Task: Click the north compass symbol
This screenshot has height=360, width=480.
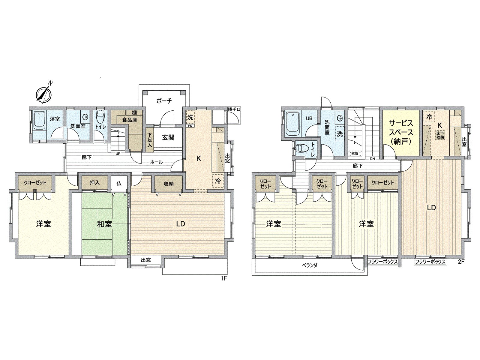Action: point(44,94)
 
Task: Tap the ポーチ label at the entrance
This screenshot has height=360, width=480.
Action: point(164,101)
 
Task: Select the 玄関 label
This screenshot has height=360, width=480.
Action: point(168,138)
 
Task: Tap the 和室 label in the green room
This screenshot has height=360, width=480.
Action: point(104,224)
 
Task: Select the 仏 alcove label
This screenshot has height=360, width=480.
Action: point(119,183)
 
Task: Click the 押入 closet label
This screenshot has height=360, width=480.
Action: point(94,182)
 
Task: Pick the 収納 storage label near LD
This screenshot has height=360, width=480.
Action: point(169,184)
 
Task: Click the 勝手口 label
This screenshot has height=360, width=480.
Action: point(234,109)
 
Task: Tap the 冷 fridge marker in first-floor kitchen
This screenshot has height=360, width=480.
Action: point(218,181)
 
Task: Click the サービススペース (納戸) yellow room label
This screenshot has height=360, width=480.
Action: point(401,132)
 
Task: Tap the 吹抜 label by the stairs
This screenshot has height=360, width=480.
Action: point(355,153)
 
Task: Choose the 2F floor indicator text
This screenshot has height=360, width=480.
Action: point(461,262)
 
